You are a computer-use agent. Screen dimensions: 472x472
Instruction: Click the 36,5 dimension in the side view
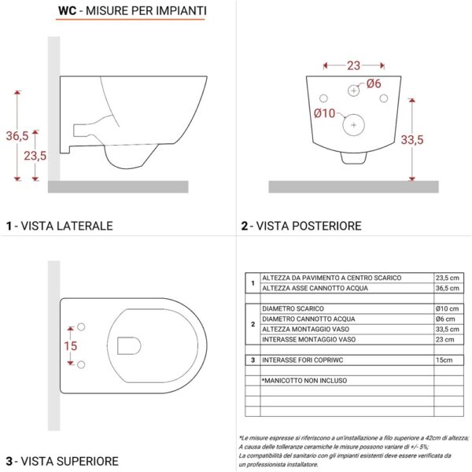(17, 135)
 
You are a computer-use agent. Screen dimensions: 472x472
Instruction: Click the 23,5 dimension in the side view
(35, 156)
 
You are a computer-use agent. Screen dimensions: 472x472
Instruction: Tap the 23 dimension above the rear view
(354, 67)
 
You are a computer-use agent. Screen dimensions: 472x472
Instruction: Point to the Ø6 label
(373, 84)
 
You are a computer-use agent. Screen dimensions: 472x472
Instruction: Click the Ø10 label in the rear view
(324, 113)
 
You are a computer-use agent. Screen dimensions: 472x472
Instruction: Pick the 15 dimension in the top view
(70, 345)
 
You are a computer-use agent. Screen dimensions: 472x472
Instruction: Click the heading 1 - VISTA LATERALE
(59, 226)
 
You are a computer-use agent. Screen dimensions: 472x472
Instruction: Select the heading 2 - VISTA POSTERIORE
(301, 226)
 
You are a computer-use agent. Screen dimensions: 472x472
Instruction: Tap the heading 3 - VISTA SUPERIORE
(62, 461)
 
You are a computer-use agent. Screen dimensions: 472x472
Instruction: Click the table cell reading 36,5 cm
(448, 288)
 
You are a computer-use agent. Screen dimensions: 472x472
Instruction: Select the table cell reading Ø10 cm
(446, 308)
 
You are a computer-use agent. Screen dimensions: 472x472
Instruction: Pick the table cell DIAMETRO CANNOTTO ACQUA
(308, 319)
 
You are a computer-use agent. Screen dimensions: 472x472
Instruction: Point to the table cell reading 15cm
(444, 360)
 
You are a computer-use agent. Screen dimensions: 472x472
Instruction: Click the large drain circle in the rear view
(355, 124)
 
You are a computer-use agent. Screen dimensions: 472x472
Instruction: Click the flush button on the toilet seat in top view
(127, 345)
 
